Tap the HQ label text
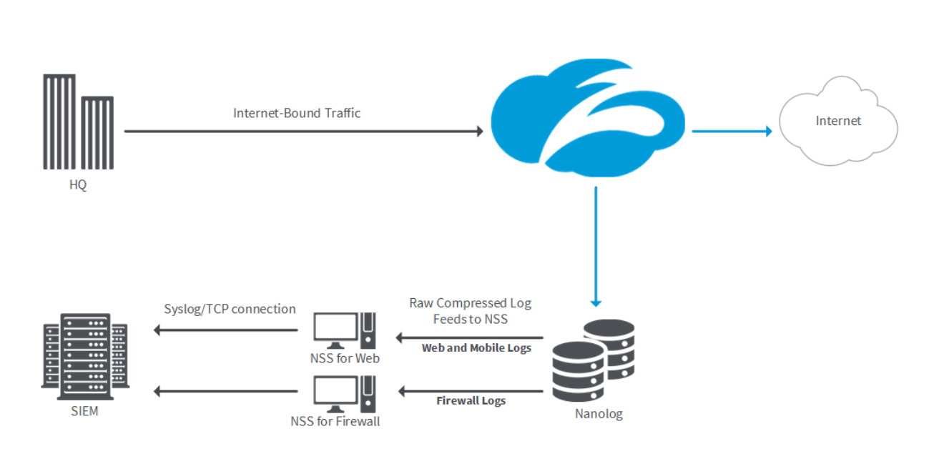pyautogui.click(x=77, y=184)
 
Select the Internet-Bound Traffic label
pyautogui.click(x=297, y=113)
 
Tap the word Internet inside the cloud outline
pyautogui.click(x=838, y=121)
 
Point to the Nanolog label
pyautogui.click(x=599, y=413)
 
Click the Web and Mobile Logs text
pyautogui.click(x=476, y=348)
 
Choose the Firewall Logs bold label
pyautogui.click(x=471, y=401)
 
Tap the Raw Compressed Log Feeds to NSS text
pyautogui.click(x=470, y=311)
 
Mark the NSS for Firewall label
pyautogui.click(x=335, y=421)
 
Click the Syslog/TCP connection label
pyautogui.click(x=230, y=309)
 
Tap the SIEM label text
pyautogui.click(x=84, y=411)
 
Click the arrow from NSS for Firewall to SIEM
pyautogui.click(x=226, y=391)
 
